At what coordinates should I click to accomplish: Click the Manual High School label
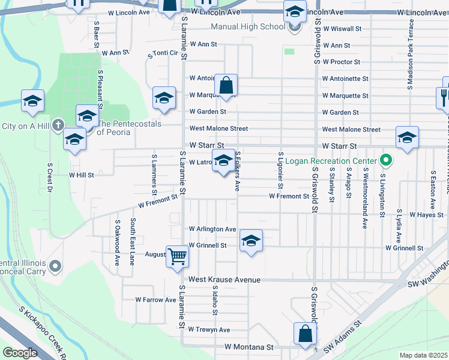[248, 26]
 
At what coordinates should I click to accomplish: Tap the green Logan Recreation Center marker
[387, 161]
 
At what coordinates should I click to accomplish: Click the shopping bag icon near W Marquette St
[226, 86]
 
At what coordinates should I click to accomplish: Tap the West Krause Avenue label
[224, 280]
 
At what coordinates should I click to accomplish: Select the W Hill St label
[81, 175]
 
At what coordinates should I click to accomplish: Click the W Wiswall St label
[341, 28]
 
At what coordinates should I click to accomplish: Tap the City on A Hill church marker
[57, 125]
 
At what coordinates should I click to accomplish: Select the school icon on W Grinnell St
[251, 241]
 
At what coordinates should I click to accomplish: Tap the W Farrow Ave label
[155, 299]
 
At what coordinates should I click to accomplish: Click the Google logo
[20, 353]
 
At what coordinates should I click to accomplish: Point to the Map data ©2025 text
[423, 355]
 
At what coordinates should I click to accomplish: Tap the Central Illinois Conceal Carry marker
[55, 266]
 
